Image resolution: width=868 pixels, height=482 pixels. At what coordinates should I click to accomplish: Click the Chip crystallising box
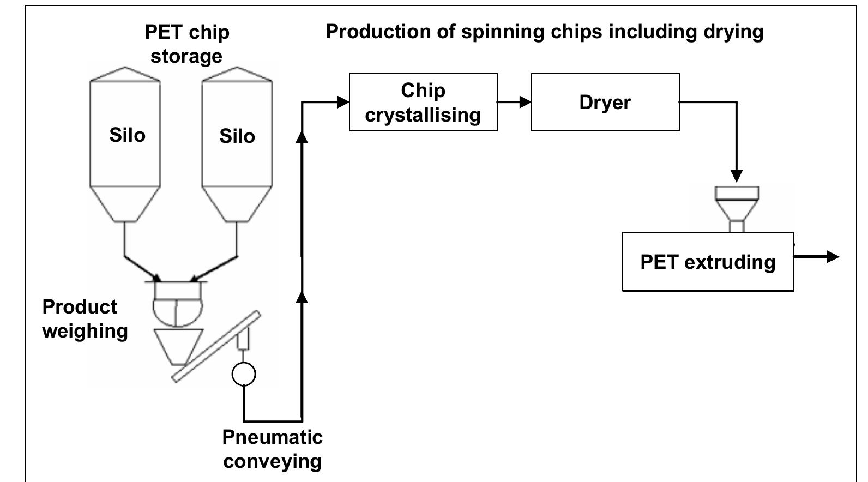pos(423,102)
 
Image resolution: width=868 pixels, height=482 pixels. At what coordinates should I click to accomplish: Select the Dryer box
pos(605,102)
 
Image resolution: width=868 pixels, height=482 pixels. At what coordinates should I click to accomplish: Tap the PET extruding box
pos(708,262)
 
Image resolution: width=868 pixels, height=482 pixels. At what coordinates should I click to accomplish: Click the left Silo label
pos(127,135)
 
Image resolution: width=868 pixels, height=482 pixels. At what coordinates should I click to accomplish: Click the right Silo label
pos(237,136)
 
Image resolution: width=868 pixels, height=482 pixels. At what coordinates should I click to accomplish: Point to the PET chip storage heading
pos(186,44)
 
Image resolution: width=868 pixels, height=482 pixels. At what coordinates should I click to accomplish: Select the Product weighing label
pos(85,318)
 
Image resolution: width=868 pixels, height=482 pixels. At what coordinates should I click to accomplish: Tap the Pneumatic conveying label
pos(272,449)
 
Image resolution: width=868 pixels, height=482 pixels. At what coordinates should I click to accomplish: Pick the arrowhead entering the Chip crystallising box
pos(343,102)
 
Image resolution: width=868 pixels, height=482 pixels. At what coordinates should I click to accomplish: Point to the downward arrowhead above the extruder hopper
pos(737,176)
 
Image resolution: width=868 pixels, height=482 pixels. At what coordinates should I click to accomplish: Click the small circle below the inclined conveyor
pos(243,374)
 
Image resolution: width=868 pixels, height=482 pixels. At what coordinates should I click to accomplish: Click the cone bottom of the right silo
pos(237,204)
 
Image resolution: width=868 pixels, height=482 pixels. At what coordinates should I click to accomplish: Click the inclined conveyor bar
pos(216,346)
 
